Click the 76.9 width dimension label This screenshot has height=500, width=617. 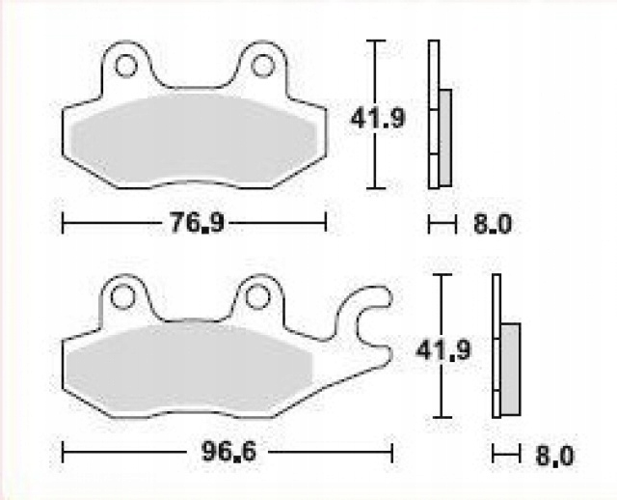coord(197,223)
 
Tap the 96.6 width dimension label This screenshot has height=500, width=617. coord(228,451)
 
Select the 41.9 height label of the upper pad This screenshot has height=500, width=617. coord(377,118)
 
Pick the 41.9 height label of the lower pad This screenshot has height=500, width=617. coord(443,349)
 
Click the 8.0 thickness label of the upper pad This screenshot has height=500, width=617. coord(493,224)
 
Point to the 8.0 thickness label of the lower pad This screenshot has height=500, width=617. coord(555,456)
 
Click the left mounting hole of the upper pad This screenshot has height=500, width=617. coord(126,66)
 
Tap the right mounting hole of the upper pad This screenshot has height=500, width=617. coord(262,66)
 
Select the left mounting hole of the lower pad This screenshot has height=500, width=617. coord(122,297)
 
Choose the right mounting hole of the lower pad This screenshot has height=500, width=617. coord(257,297)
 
